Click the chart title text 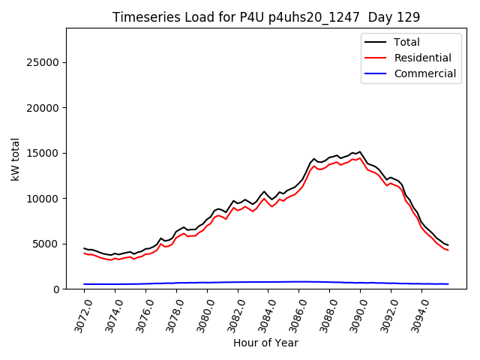tap(266, 17)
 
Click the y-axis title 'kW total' tap(16, 158)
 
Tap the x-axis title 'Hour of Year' tap(265, 343)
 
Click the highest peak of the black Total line tap(360, 151)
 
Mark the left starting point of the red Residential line tap(84, 253)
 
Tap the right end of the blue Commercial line tap(448, 284)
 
